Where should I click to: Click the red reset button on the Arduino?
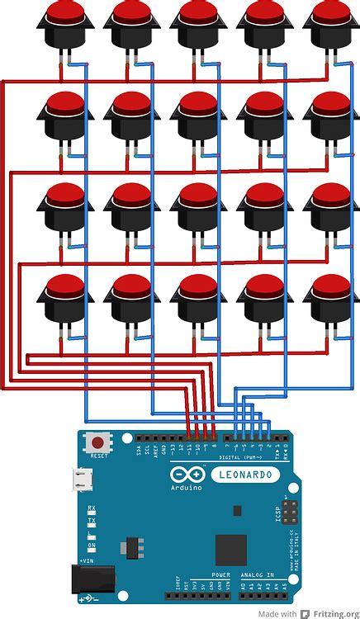click(x=99, y=442)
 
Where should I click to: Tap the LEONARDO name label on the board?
click(x=243, y=475)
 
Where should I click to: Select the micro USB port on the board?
click(x=82, y=479)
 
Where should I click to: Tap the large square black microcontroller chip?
click(x=230, y=550)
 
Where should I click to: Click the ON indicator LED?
click(x=92, y=546)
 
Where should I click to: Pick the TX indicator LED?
click(x=92, y=521)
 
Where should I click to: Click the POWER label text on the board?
click(x=220, y=574)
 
